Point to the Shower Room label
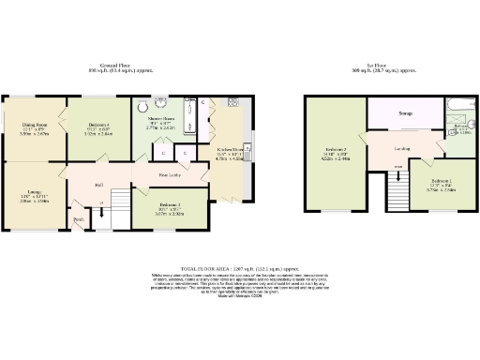159,120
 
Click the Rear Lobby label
170,175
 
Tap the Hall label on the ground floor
98,184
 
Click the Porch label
79,221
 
